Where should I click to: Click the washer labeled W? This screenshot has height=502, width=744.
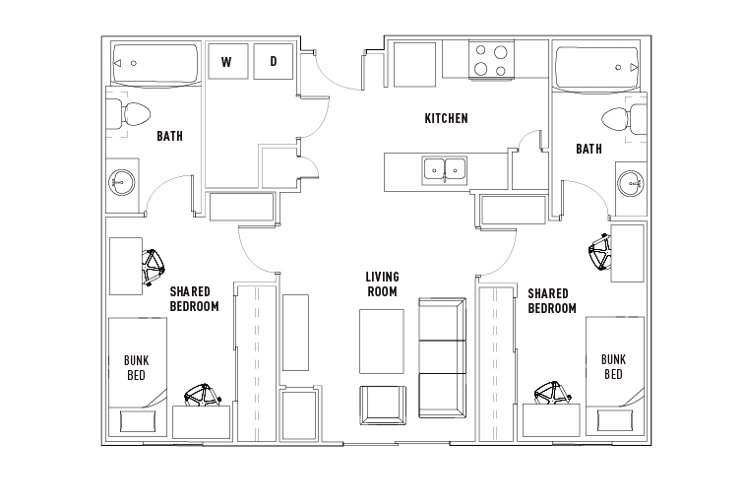[227, 61]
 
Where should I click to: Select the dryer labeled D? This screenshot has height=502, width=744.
[274, 61]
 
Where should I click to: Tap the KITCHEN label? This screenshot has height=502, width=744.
[446, 118]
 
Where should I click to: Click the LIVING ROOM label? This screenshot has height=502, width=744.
[382, 283]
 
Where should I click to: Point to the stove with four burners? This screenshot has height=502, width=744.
[491, 59]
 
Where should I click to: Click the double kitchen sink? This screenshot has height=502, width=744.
[445, 170]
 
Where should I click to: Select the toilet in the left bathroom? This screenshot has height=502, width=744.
[128, 114]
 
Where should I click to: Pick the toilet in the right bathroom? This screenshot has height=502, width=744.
[624, 120]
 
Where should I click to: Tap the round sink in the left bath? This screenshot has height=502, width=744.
[121, 182]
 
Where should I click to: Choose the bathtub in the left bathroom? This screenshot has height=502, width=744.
[155, 64]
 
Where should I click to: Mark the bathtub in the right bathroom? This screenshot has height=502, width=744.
[597, 67]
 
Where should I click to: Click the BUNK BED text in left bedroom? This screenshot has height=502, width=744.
[136, 368]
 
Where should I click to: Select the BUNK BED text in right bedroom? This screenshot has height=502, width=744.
[613, 367]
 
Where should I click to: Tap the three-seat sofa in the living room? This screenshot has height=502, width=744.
[442, 357]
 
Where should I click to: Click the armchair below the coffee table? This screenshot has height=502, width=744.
[383, 406]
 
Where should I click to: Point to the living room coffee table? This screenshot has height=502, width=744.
[382, 342]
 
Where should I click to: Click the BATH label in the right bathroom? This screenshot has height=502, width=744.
[589, 149]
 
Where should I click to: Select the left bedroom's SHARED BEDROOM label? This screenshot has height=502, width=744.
[195, 299]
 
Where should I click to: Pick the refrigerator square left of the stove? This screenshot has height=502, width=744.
[414, 65]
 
